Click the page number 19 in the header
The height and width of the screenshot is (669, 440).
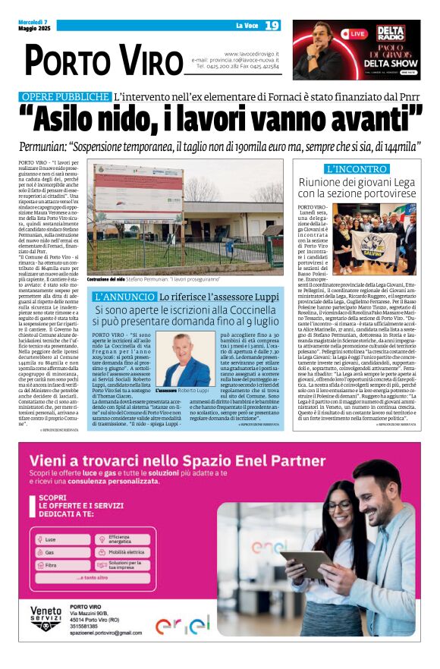pyautogui.click(x=272, y=26)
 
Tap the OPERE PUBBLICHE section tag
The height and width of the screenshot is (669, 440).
pyautogui.click(x=75, y=97)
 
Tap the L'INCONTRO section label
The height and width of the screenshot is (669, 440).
pyautogui.click(x=356, y=169)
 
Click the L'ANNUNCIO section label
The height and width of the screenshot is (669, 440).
pyautogui.click(x=134, y=297)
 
